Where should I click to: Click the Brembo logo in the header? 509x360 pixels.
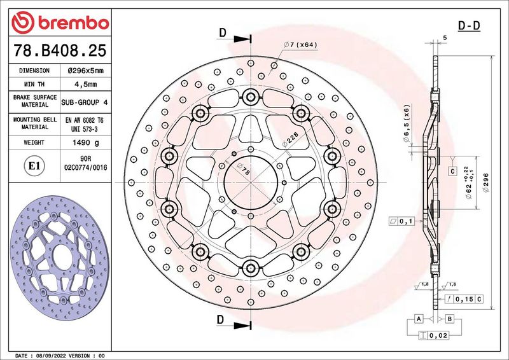pos(60,22)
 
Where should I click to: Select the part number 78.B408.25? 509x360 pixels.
pos(60,50)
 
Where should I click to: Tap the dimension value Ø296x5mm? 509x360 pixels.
pos(86,71)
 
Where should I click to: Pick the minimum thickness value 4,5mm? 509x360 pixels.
pos(86,85)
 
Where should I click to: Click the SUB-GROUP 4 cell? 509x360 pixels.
pos(85,102)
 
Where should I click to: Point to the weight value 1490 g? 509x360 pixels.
pos(86,142)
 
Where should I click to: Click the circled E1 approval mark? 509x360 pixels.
pos(34,166)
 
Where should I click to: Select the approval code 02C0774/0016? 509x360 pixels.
pos(86,168)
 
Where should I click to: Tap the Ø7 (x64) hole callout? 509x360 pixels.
pos(300,45)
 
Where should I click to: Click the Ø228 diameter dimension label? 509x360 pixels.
pos(290,139)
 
